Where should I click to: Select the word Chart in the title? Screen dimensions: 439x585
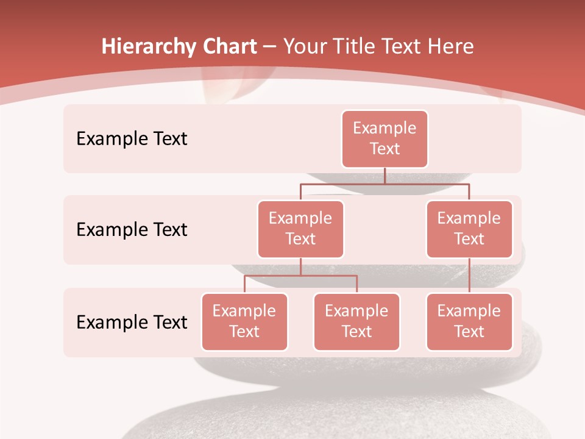[227, 47]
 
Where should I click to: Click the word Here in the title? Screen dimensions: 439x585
[451, 47]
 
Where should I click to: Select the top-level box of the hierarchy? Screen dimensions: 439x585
[385, 139]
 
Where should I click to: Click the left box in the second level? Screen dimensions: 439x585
[300, 229]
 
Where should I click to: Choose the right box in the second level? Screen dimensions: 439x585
[469, 229]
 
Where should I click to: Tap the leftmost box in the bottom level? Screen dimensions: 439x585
[244, 322]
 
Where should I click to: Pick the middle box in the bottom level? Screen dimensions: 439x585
[356, 322]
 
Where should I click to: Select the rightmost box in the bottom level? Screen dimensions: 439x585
[469, 322]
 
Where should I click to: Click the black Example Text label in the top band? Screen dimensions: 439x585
[132, 139]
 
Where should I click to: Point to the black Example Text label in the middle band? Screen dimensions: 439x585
[132, 230]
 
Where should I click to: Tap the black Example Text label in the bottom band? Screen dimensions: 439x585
[132, 322]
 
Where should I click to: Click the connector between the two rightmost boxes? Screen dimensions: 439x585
[469, 276]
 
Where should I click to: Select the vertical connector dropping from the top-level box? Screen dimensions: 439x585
[385, 176]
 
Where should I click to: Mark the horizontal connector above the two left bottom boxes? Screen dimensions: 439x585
[300, 276]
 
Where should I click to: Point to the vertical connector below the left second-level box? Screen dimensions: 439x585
[300, 266]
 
